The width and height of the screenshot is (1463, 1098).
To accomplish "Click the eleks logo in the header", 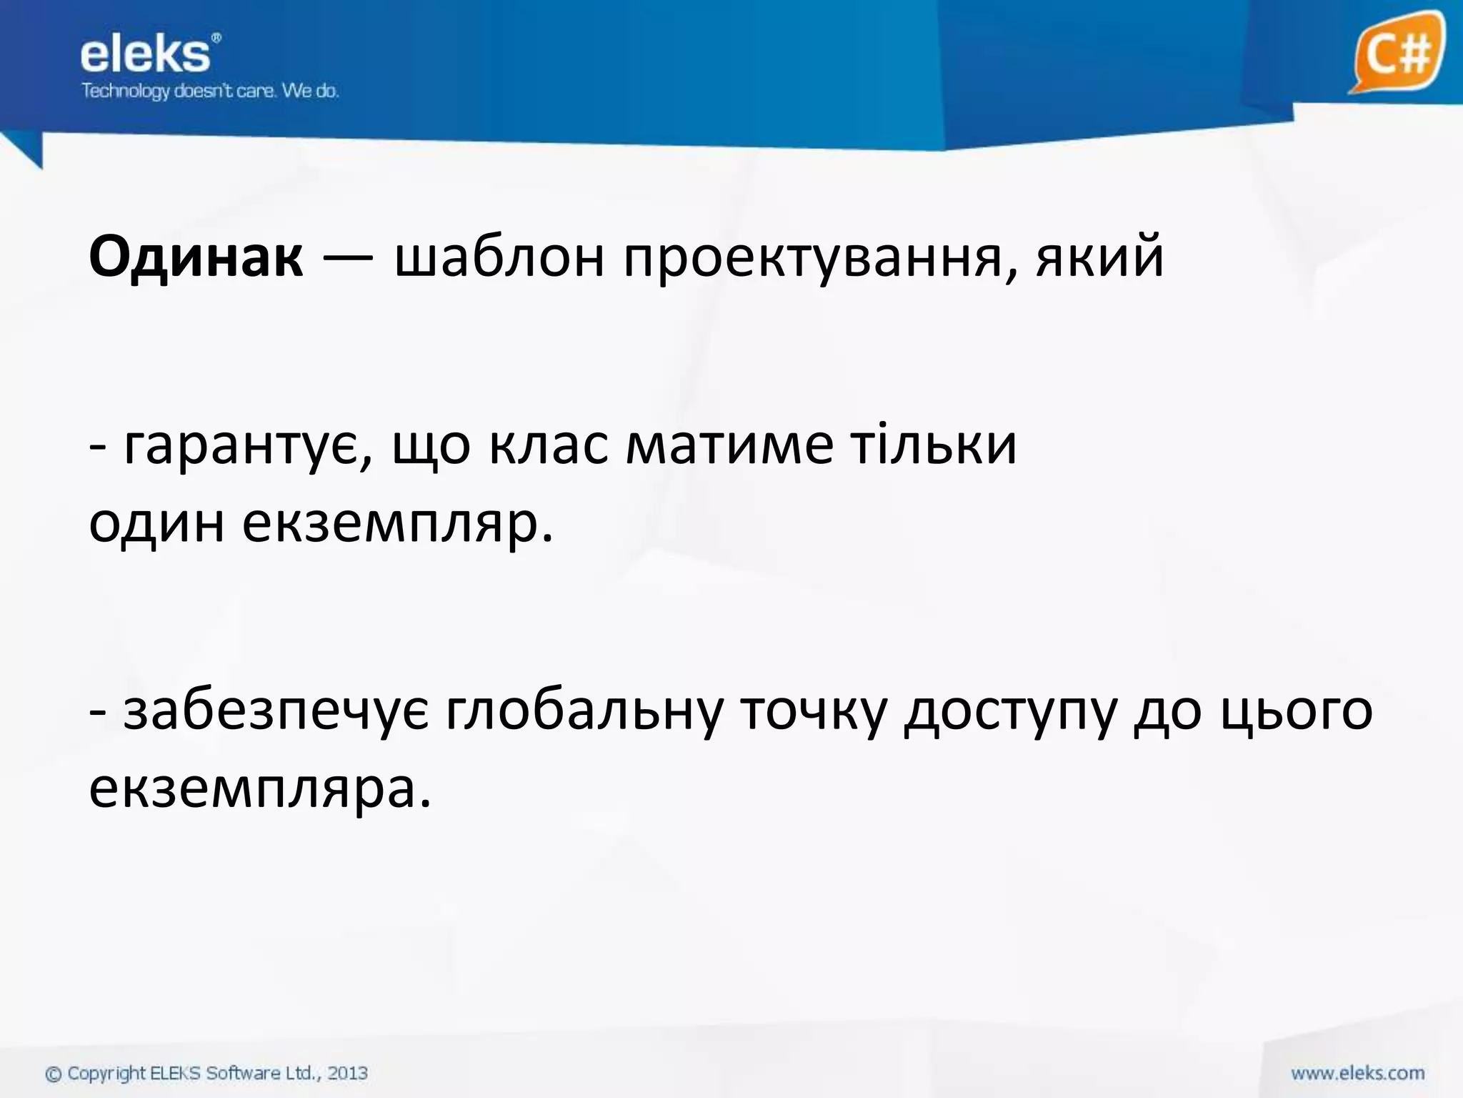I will tap(146, 55).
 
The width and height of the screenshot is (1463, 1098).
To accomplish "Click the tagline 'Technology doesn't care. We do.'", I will tap(210, 91).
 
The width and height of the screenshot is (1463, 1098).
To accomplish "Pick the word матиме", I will tap(729, 445).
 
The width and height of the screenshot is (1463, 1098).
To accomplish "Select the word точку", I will tap(812, 712).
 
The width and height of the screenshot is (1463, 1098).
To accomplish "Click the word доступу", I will tap(1010, 713).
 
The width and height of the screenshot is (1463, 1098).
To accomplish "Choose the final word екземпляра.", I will tap(260, 791).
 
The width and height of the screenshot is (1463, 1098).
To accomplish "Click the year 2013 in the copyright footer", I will tap(347, 1073).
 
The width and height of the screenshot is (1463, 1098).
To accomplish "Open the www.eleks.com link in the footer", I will tap(1357, 1073).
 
